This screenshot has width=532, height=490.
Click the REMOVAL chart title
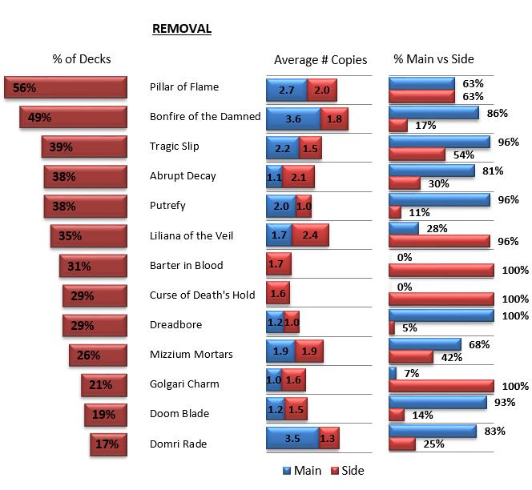pyautogui.click(x=181, y=29)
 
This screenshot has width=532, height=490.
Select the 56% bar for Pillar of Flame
pyautogui.click(x=66, y=87)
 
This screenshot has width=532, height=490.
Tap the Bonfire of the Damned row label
pyautogui.click(x=205, y=117)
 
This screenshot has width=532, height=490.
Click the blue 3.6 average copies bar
pyautogui.click(x=292, y=118)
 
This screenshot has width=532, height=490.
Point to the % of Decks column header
pyautogui.click(x=82, y=59)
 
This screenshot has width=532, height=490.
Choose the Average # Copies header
pyautogui.click(x=320, y=59)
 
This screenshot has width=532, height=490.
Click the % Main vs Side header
pyautogui.click(x=433, y=59)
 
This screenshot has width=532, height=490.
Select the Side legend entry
pyautogui.click(x=347, y=471)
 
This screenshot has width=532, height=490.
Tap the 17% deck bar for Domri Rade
pyautogui.click(x=109, y=444)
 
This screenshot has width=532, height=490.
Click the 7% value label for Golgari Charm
pyautogui.click(x=411, y=372)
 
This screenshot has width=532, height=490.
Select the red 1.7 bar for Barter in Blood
pyautogui.click(x=278, y=265)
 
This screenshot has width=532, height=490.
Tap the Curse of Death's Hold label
pyautogui.click(x=202, y=295)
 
